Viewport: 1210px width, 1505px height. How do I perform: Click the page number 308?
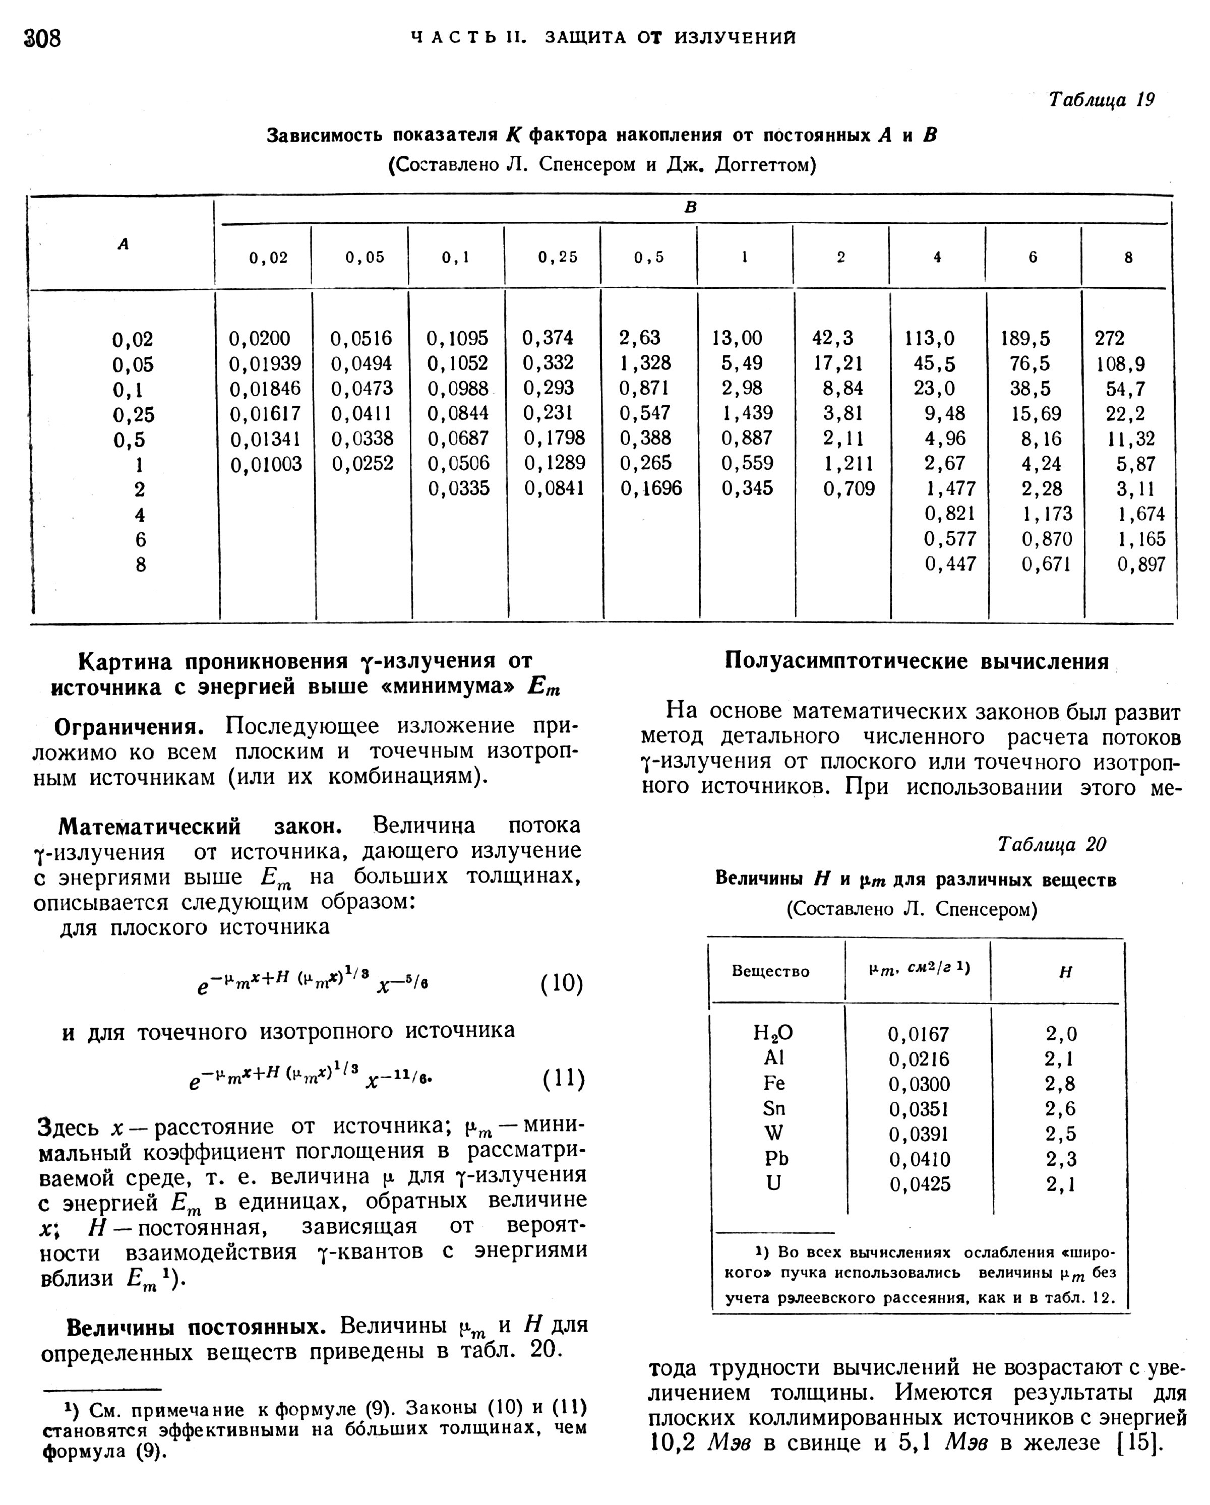pos(42,38)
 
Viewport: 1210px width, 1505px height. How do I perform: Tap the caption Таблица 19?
pos(1101,100)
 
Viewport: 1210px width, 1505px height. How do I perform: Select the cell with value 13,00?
pos(737,339)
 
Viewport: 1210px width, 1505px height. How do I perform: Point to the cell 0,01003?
pos(266,464)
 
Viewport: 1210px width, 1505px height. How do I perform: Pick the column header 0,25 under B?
pos(557,258)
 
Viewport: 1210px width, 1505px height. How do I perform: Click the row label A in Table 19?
pos(123,244)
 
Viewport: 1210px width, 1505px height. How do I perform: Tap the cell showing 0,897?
pos(1141,564)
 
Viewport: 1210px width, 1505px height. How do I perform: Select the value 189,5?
pos(1025,339)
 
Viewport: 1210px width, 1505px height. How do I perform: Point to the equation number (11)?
pos(563,1079)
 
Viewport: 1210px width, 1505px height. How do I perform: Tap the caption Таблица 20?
pos(1052,845)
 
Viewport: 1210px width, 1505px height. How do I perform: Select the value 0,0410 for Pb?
pos(920,1159)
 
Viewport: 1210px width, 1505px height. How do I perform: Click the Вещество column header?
pos(770,972)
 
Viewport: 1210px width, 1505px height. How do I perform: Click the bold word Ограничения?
pos(129,726)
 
